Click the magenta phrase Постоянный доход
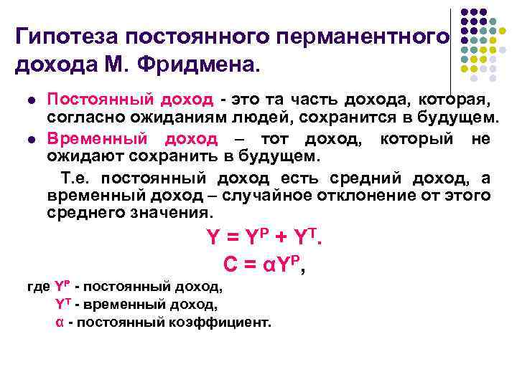click(x=130, y=99)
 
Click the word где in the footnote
click(x=37, y=287)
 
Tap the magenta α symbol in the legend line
click(x=60, y=322)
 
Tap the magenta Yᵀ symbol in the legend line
click(x=62, y=305)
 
